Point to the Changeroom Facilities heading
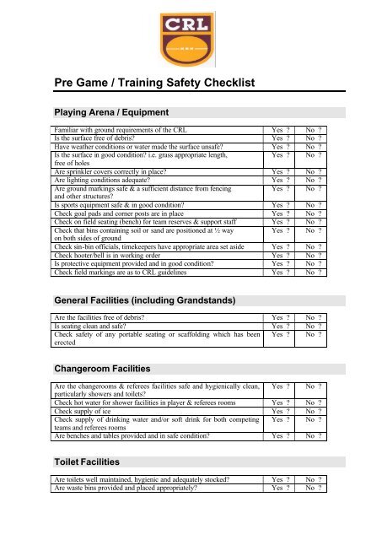(x=101, y=370)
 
